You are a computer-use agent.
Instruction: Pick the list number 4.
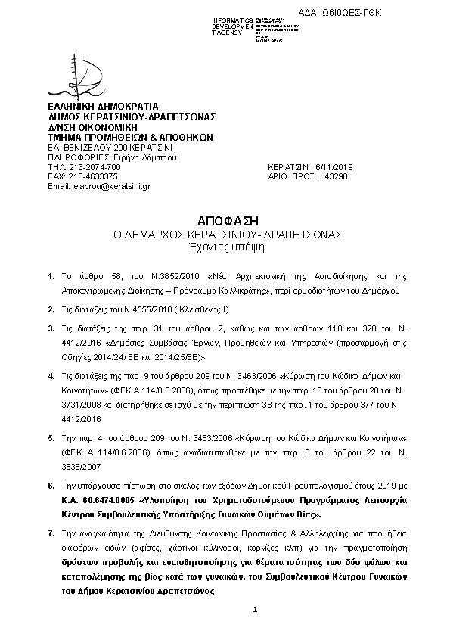[x=51, y=376]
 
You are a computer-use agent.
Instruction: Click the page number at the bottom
[x=256, y=610]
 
